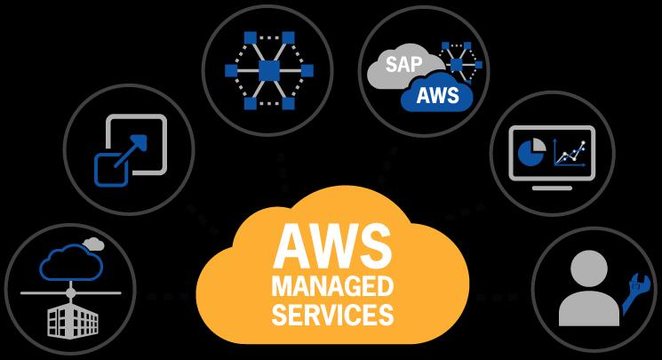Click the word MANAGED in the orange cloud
tap(332, 286)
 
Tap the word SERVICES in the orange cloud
tap(332, 315)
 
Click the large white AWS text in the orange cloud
tap(332, 246)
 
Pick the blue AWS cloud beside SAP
tap(437, 94)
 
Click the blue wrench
tap(634, 292)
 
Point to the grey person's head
tap(589, 268)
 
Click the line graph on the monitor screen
tap(570, 152)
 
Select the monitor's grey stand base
tap(552, 188)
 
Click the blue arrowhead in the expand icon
tap(140, 142)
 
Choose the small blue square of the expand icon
tap(111, 170)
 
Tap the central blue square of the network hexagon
tap(269, 70)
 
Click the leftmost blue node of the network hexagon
tap(231, 70)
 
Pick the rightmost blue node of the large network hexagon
tap(307, 70)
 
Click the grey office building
tap(73, 320)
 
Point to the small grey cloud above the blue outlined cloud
tap(93, 244)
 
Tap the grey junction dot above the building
tap(70, 292)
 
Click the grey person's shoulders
tap(589, 308)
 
